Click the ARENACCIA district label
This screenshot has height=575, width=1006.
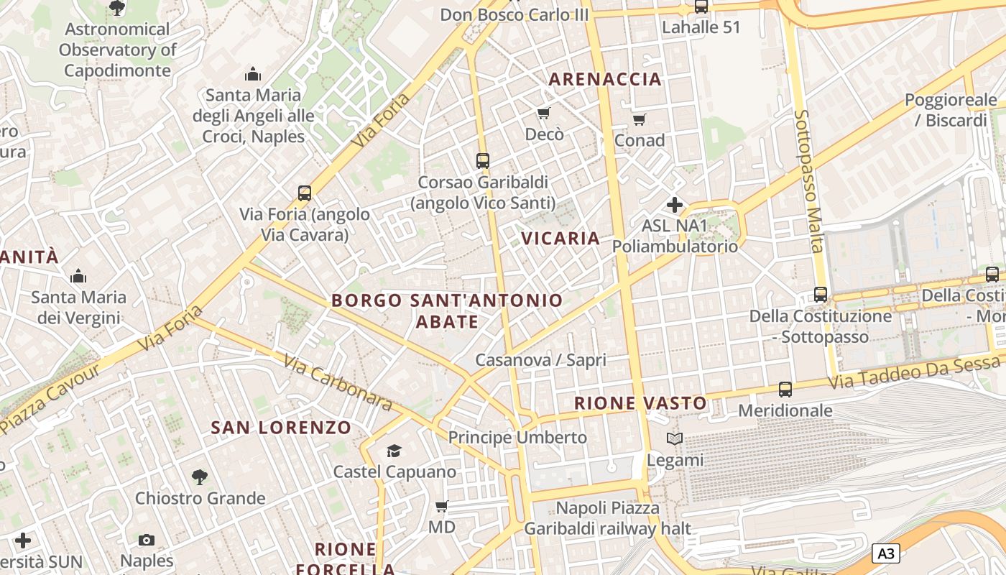tap(605, 79)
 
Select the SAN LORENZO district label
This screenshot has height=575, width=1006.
tap(281, 428)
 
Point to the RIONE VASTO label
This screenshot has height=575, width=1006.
tap(641, 403)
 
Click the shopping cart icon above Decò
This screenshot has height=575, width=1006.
tap(544, 113)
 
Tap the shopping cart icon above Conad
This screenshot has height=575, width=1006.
tap(639, 119)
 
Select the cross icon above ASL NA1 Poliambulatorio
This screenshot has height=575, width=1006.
tap(674, 205)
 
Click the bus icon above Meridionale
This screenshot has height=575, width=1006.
tap(785, 390)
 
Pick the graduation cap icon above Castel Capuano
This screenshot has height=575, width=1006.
tap(394, 451)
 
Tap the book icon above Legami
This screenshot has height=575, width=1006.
tap(674, 438)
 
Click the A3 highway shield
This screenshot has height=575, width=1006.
tap(886, 553)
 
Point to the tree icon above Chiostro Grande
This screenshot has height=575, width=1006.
tap(199, 477)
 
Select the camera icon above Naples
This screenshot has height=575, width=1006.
tap(147, 540)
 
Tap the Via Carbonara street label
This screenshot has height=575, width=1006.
tap(338, 382)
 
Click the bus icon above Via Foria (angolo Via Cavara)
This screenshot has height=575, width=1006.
tap(305, 193)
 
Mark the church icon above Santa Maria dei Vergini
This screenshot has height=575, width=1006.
tap(78, 276)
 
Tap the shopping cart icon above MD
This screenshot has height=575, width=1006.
tap(441, 506)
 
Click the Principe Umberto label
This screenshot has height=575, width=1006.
tap(517, 437)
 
